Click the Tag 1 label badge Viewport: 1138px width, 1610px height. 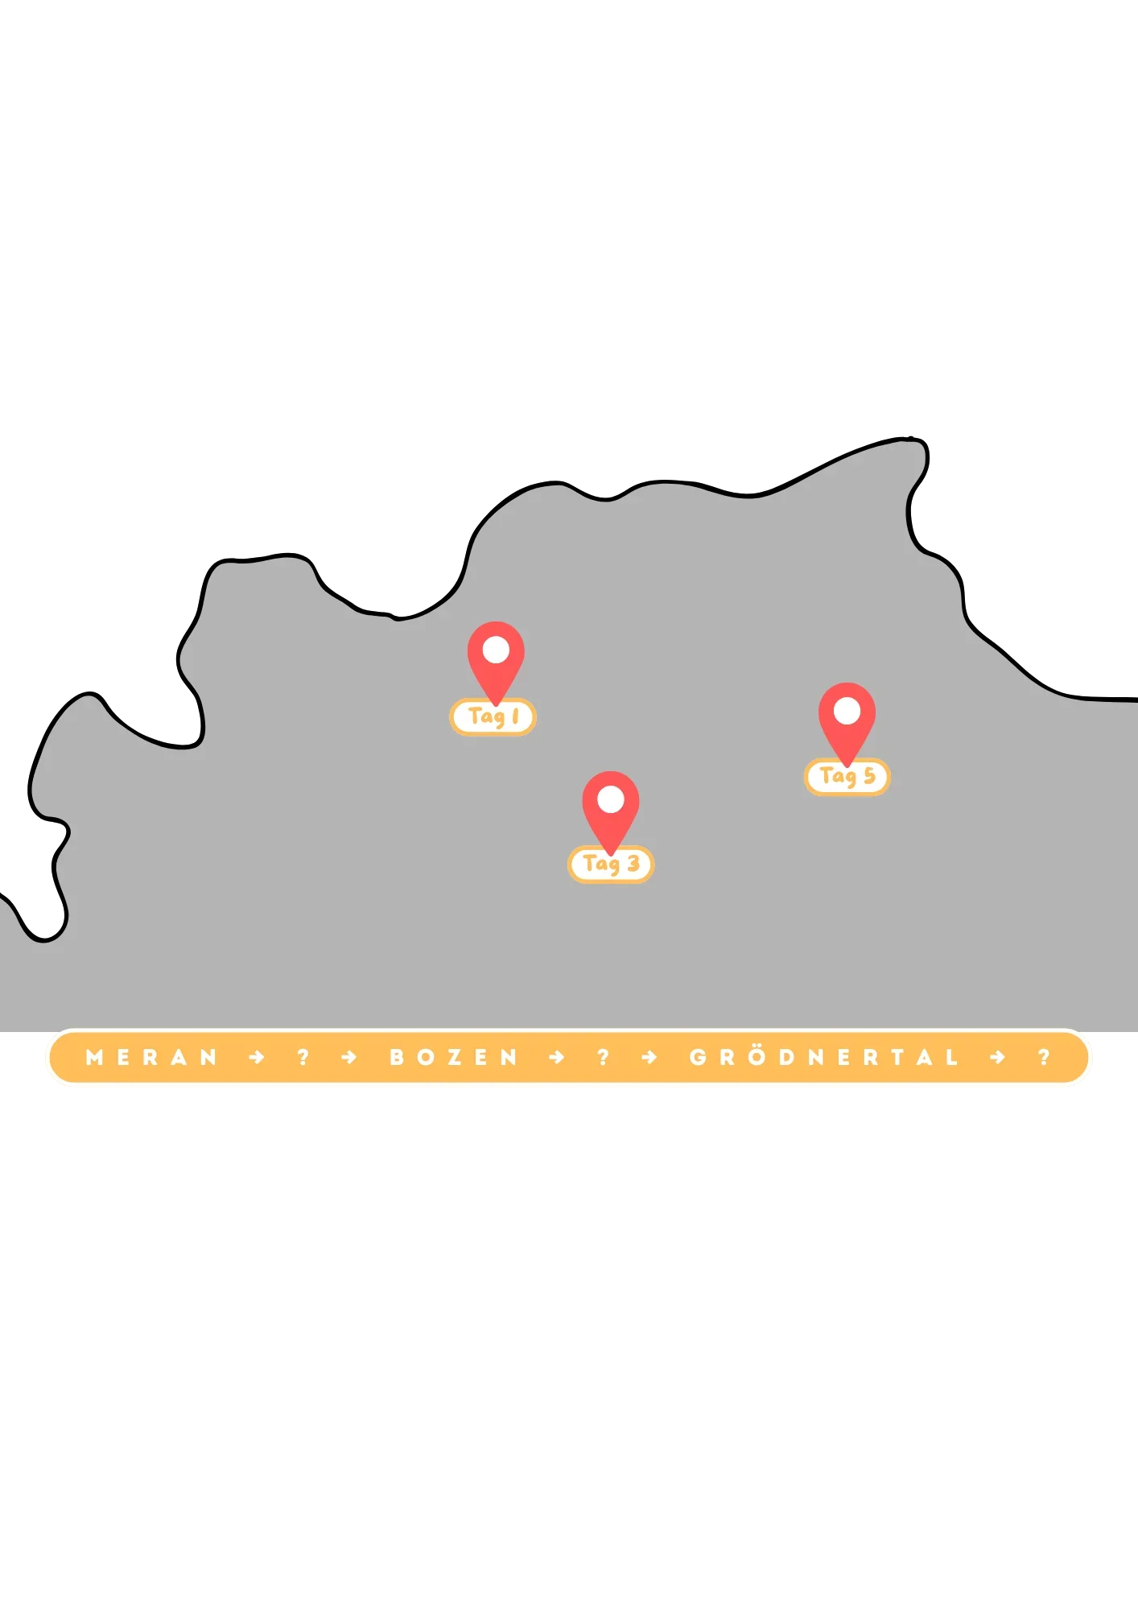click(493, 716)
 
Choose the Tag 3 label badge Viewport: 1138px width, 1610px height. click(611, 865)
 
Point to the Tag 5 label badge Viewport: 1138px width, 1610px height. click(847, 777)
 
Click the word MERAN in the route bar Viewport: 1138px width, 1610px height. click(152, 1058)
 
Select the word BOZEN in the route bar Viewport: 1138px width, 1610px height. click(454, 1058)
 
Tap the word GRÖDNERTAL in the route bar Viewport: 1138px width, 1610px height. click(824, 1058)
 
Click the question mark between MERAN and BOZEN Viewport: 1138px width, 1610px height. click(303, 1058)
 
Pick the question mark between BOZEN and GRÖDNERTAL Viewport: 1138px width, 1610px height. click(604, 1058)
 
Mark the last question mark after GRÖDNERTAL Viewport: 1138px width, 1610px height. click(1045, 1058)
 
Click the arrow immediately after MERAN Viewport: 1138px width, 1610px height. click(257, 1058)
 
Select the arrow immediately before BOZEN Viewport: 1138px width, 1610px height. click(348, 1058)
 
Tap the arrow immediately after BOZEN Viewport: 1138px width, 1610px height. click(557, 1058)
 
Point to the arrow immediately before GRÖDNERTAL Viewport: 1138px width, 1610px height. click(649, 1058)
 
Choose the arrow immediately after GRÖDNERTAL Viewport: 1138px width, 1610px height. click(998, 1058)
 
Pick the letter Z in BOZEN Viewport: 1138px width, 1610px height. click(455, 1058)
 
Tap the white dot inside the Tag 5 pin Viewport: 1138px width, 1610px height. click(847, 711)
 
